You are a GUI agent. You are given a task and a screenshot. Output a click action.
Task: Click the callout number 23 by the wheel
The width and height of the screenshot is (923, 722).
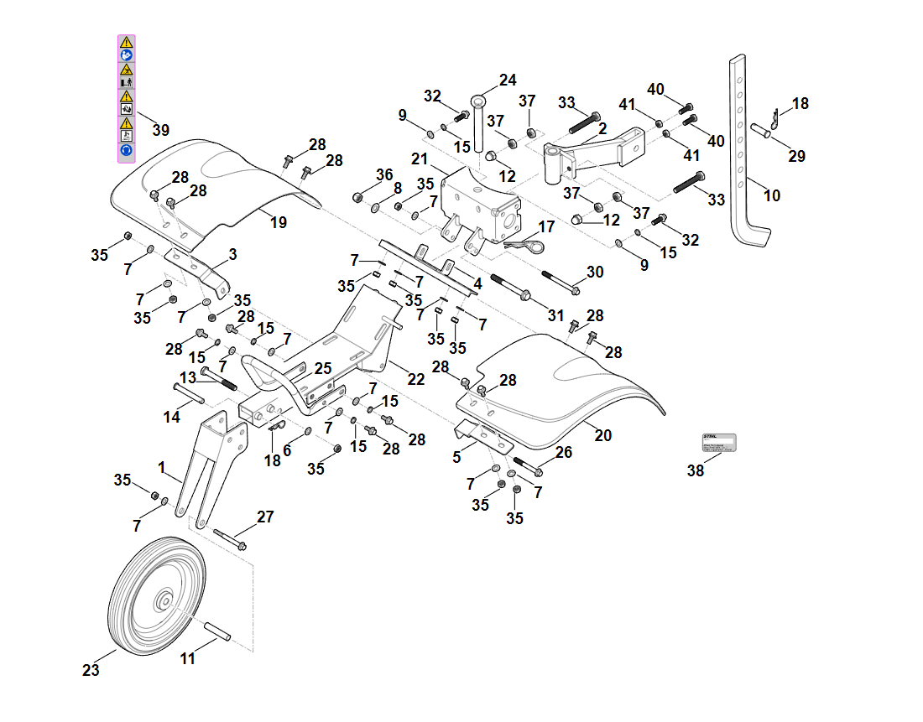(x=91, y=670)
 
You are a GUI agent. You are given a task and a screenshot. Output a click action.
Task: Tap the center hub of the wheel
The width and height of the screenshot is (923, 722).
(x=164, y=600)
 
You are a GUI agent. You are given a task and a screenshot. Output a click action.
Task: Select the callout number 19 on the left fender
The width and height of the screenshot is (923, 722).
(x=279, y=222)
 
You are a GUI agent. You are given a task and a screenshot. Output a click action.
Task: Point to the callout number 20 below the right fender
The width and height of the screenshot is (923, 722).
(x=603, y=434)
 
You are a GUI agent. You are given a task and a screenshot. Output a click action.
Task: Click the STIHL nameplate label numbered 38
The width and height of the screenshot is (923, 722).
(x=718, y=442)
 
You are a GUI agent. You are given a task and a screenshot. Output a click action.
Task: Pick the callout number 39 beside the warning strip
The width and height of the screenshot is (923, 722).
(x=160, y=130)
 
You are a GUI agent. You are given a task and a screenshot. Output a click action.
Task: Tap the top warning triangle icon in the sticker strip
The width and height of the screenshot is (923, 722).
(x=126, y=41)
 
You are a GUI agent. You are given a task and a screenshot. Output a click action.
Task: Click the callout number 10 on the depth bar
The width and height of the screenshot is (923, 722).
(x=772, y=195)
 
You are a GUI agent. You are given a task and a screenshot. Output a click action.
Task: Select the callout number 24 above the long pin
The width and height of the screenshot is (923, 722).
(x=508, y=81)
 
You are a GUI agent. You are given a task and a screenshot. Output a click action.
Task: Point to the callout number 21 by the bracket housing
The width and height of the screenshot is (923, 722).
(x=420, y=159)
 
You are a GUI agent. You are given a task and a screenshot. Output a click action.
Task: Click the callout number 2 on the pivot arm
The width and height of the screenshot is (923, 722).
(x=602, y=128)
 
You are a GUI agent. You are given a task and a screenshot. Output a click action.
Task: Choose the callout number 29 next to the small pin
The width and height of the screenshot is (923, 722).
(x=796, y=156)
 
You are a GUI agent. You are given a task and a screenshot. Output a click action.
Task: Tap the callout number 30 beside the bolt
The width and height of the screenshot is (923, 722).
(x=595, y=272)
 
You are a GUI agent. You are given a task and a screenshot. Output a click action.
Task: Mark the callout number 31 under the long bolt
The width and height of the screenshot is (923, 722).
(x=556, y=314)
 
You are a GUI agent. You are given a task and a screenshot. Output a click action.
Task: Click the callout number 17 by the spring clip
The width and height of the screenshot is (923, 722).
(x=546, y=226)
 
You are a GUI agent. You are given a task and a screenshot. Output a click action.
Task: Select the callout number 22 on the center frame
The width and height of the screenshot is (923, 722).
(x=416, y=378)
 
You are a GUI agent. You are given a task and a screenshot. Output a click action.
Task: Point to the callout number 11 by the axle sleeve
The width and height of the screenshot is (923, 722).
(x=187, y=658)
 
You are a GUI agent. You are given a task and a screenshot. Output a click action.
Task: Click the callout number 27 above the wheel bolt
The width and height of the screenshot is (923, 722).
(x=265, y=517)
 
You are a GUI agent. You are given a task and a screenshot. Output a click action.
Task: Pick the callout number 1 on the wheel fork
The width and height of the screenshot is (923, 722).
(x=162, y=466)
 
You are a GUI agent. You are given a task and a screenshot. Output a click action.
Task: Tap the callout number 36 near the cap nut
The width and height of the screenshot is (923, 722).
(x=384, y=174)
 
